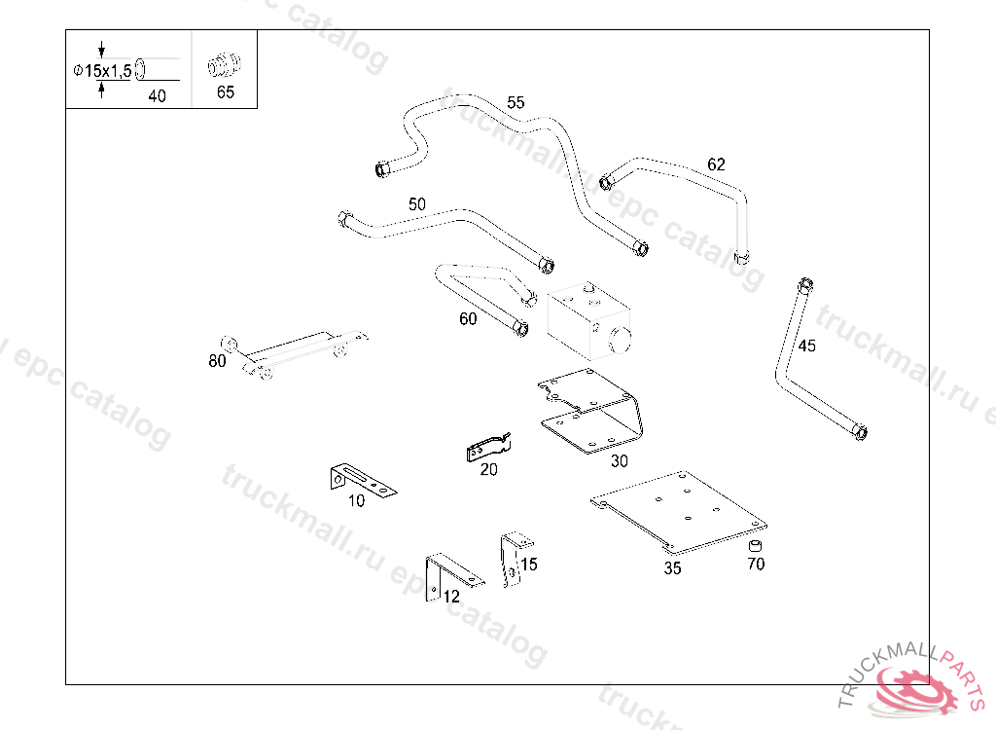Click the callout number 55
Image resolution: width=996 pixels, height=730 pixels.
516,102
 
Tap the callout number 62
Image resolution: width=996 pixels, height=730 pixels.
716,164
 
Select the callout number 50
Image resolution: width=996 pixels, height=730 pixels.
416,204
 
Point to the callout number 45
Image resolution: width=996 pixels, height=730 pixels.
807,346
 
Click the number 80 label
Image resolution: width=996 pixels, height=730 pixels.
217,361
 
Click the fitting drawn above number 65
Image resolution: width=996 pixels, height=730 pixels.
225,67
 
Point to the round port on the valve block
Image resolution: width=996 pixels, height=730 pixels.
620,340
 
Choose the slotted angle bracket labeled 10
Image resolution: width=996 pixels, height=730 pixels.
360,480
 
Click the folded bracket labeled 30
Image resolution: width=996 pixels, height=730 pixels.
593,414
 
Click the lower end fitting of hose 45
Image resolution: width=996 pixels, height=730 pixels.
860,430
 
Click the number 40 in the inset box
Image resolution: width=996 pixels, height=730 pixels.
157,95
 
